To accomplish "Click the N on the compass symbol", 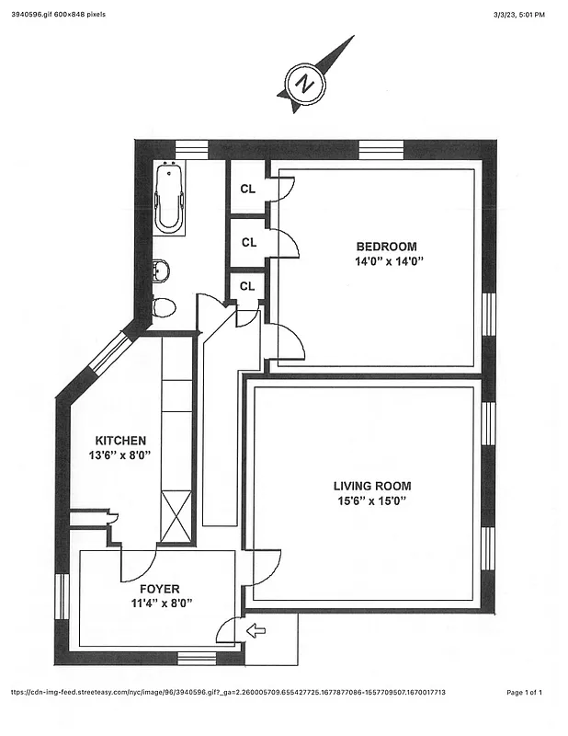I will tap(304, 84).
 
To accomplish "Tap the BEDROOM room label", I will tap(386, 247).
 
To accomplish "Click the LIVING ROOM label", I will tap(371, 486).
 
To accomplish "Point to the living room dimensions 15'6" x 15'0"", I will tap(371, 501).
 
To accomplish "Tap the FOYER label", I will tap(160, 589).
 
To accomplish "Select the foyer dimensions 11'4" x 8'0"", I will tap(160, 604).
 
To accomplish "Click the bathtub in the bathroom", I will tap(169, 198).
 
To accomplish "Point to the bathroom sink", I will tap(160, 271).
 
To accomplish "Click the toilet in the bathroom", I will tap(164, 307).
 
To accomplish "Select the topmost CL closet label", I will tap(247, 189).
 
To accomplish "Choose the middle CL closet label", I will tap(248, 243).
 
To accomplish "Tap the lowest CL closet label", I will tap(246, 286).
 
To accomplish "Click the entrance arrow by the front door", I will tap(256, 631).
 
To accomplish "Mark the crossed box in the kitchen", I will tap(176, 516).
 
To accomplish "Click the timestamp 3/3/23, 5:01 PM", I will tap(518, 15).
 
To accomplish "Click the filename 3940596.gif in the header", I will tap(32, 15).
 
